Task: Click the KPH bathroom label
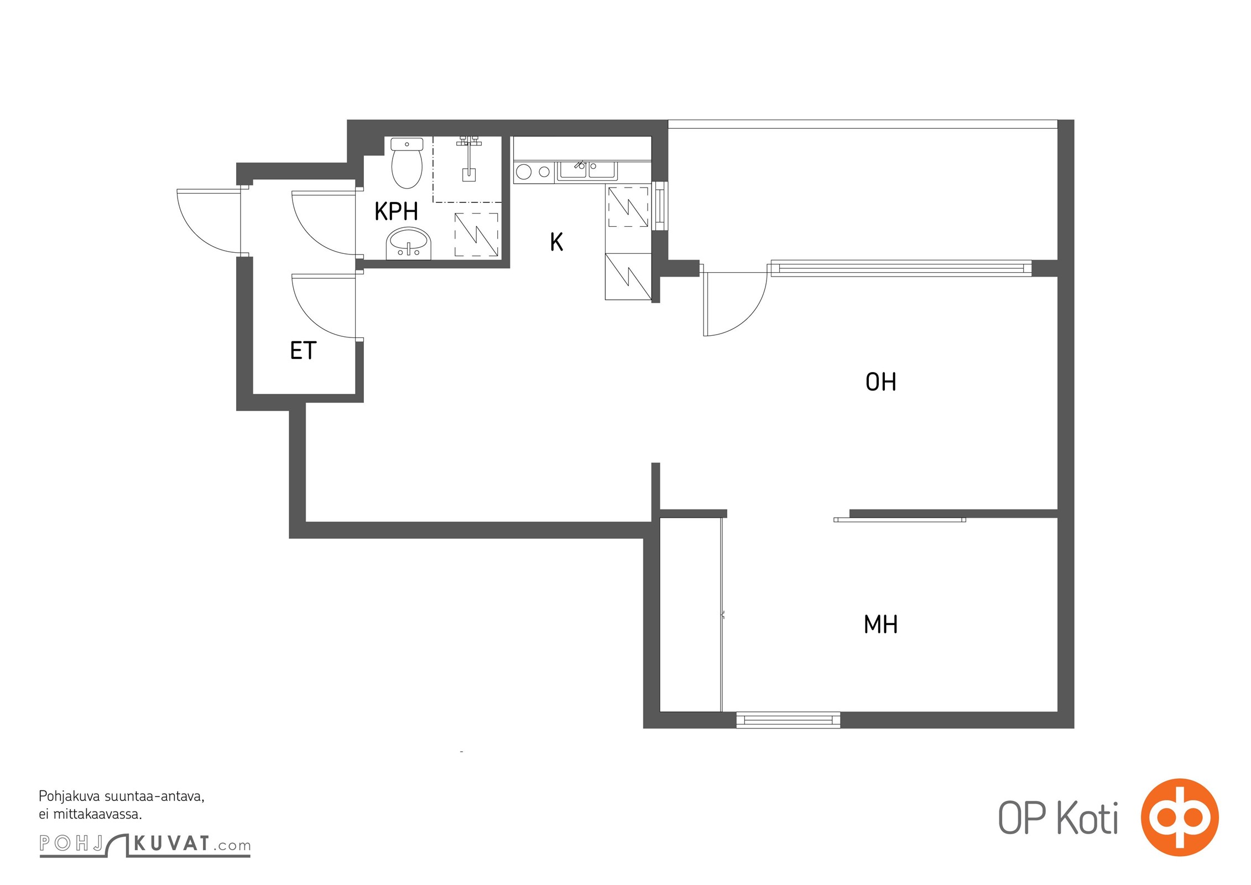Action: [x=396, y=211]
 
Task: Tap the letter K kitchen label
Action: [x=556, y=242]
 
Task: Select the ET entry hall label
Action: [x=303, y=351]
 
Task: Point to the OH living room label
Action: [x=880, y=382]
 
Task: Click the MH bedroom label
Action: [x=880, y=624]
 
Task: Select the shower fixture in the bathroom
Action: [x=469, y=159]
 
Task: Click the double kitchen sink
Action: [x=587, y=171]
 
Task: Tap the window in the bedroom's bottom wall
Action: [x=788, y=720]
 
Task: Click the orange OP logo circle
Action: [x=1180, y=818]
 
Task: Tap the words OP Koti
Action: [x=1058, y=818]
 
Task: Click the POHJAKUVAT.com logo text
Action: [x=145, y=845]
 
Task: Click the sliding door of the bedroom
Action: [x=900, y=519]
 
